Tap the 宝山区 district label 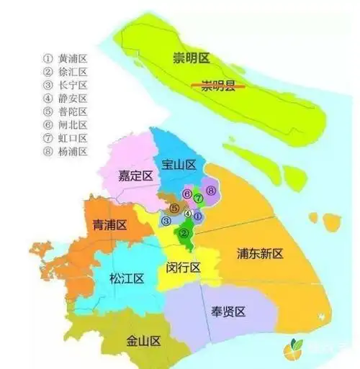click(179, 165)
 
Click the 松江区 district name click(127, 278)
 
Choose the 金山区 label click(141, 340)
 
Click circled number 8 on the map click(211, 191)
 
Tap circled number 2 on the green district click(184, 233)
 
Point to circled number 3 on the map click(166, 221)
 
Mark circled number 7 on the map click(197, 197)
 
